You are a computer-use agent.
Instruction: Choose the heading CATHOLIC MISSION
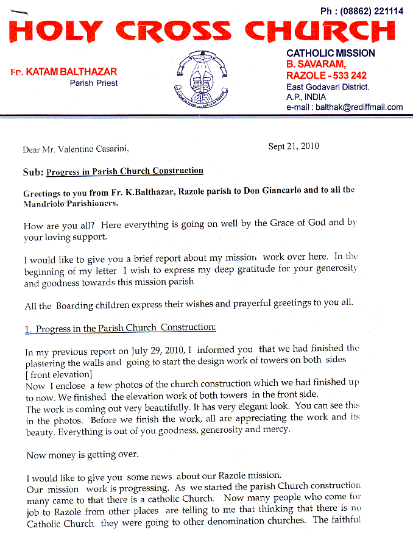pos(330,53)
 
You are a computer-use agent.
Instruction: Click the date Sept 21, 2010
pos(294,146)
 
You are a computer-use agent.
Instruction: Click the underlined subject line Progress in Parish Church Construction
pos(125,171)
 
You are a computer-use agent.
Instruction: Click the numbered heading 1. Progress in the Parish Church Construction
pos(120,328)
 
